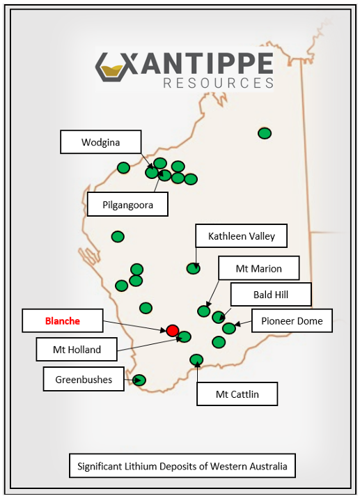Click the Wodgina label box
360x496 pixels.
[x=100, y=142]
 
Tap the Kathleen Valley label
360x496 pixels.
[x=241, y=236]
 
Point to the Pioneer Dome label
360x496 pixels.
[x=292, y=321]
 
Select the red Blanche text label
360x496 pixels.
[x=63, y=321]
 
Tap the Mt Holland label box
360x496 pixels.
[x=77, y=350]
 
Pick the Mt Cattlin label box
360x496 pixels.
[x=237, y=394]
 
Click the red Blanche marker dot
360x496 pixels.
[x=173, y=330]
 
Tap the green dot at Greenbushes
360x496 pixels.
[x=139, y=380]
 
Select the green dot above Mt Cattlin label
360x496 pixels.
[x=196, y=359]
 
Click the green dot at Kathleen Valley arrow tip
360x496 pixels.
[x=194, y=268]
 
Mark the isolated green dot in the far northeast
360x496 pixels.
[x=264, y=133]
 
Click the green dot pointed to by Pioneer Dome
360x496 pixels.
[x=228, y=328]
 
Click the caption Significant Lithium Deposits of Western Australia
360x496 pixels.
[x=182, y=466]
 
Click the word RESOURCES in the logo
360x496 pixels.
[x=218, y=83]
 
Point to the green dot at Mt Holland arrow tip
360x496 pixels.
[x=185, y=337]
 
